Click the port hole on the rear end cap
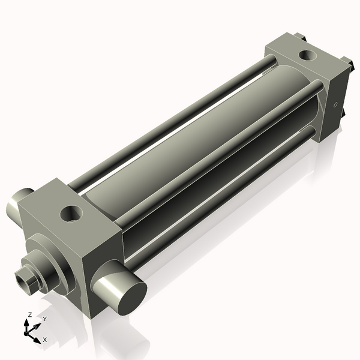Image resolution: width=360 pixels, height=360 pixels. (x=308, y=56)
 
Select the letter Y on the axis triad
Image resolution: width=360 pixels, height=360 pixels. (x=44, y=319)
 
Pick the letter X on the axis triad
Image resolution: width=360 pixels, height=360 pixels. (x=45, y=340)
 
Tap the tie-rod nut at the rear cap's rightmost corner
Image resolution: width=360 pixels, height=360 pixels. (x=346, y=62)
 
